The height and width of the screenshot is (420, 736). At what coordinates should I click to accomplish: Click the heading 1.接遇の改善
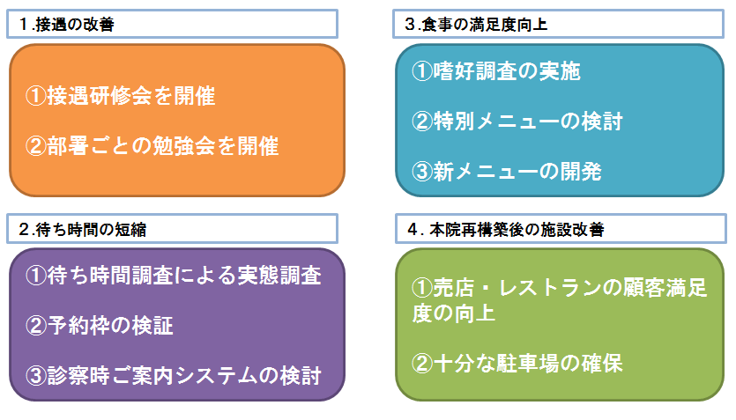point(67,25)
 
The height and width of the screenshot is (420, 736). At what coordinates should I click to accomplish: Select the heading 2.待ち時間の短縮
point(83,229)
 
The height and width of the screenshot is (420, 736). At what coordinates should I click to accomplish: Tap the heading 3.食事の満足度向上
point(476,25)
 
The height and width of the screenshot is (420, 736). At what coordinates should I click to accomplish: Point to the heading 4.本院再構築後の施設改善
point(506,229)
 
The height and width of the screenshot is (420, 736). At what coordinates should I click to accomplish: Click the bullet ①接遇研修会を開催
point(120,96)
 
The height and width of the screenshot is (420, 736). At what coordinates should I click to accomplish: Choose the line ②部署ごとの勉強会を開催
point(152,146)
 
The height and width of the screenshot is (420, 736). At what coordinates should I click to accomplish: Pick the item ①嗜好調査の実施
point(496,71)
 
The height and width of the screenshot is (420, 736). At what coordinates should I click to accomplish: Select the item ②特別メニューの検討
point(517,121)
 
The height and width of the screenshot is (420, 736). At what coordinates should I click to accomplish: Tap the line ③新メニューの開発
point(507,171)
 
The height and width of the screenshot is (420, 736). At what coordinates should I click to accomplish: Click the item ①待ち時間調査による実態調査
point(174,275)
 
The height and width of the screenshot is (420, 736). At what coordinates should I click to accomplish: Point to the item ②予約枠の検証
point(100,325)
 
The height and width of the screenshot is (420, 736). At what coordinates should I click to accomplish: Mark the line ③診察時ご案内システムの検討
point(174,375)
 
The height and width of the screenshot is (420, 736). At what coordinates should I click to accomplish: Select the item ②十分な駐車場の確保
point(517,364)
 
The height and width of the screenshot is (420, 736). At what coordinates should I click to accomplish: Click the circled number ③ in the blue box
point(422,171)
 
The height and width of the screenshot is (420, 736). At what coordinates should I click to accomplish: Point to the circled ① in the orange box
point(35,96)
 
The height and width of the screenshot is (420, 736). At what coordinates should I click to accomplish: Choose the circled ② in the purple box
point(35,325)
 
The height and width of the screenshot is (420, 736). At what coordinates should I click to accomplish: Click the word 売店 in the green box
point(453,288)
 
